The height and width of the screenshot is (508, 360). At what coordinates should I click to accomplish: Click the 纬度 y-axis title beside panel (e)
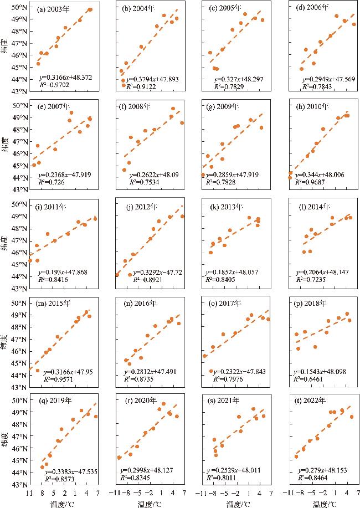pyautogui.click(x=4, y=147)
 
